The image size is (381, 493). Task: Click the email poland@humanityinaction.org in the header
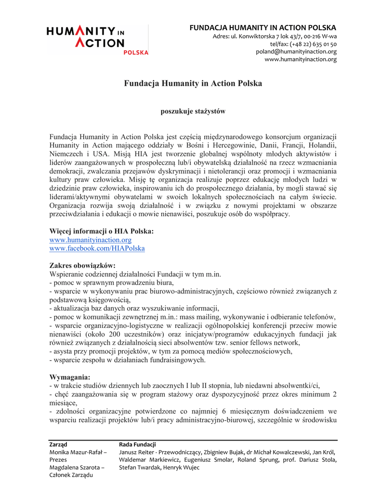(x=296, y=52)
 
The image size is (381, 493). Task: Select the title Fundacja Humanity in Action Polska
(x=193, y=84)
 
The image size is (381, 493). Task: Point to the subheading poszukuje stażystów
(x=193, y=111)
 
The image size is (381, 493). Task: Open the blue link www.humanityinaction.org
(x=91, y=240)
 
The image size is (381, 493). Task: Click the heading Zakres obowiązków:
(x=82, y=265)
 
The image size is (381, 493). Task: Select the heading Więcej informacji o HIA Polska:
(x=102, y=231)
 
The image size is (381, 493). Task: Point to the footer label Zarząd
(x=58, y=444)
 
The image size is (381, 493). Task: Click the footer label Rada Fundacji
(x=137, y=444)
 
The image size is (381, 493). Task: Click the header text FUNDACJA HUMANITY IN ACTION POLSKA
(x=263, y=28)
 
